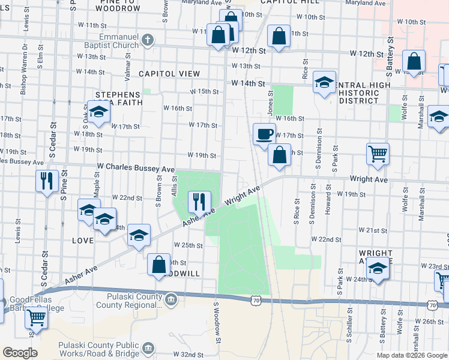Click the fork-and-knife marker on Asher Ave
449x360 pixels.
199,202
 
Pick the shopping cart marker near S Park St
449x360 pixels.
378,154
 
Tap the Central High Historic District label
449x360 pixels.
359,93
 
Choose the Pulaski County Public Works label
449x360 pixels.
99,349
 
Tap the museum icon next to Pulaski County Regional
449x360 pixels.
171,299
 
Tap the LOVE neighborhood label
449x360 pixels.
83,240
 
